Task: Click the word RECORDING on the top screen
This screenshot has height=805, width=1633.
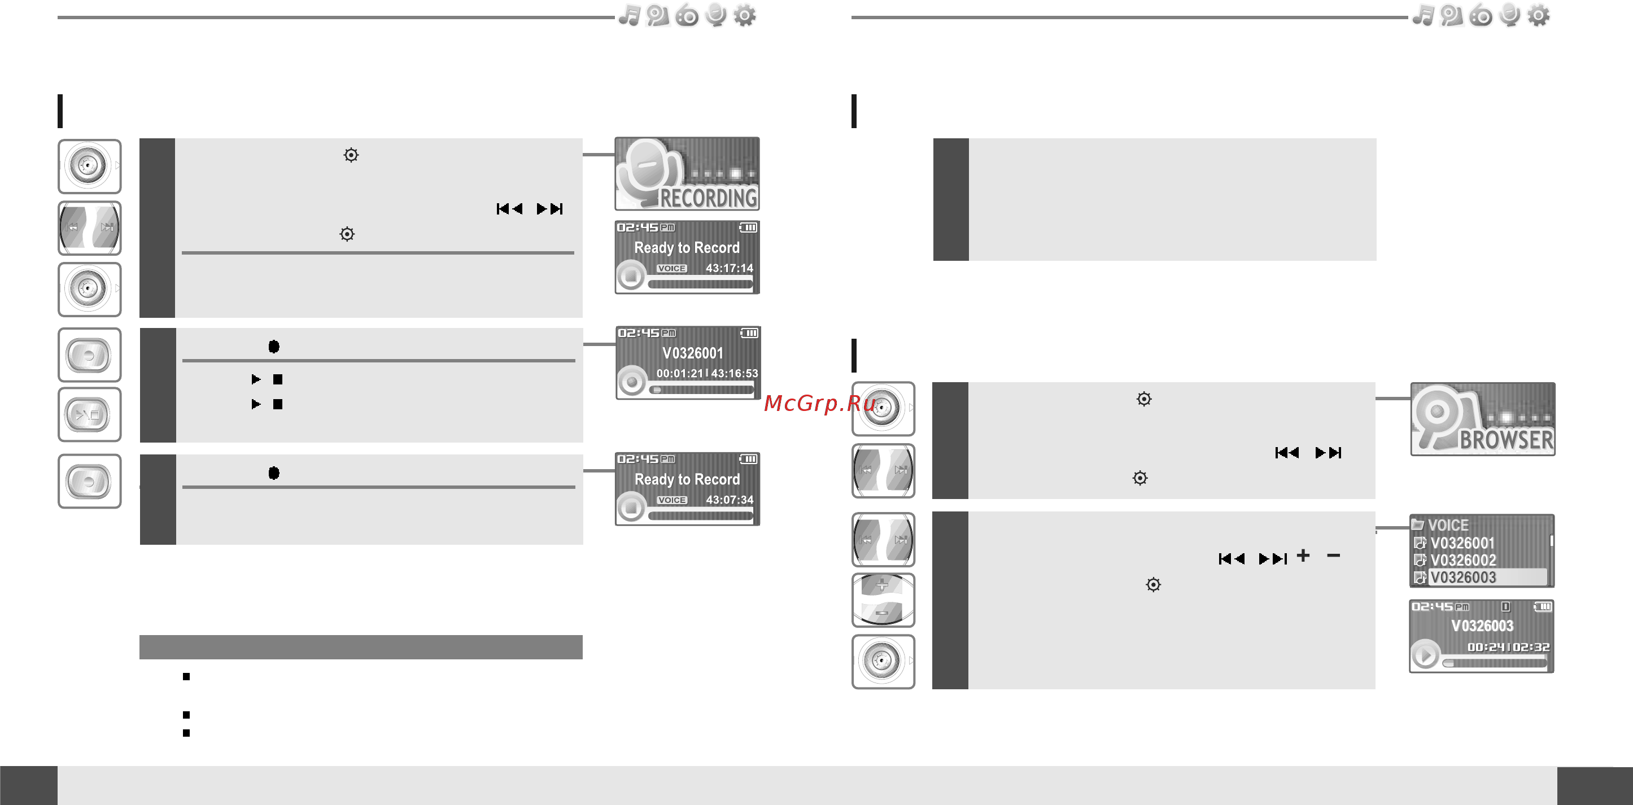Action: [x=709, y=198]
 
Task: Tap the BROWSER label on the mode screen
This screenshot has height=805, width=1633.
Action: [x=1506, y=440]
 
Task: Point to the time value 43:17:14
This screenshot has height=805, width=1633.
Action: [x=729, y=268]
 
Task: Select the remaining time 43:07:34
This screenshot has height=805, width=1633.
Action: [x=730, y=500]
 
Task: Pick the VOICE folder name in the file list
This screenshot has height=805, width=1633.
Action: [x=1448, y=525]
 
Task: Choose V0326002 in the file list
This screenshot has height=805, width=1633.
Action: [x=1463, y=561]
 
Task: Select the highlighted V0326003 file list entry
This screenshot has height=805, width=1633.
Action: [x=1463, y=577]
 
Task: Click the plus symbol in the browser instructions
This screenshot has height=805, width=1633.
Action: [x=1303, y=556]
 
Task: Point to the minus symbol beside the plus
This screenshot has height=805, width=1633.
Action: [x=1334, y=556]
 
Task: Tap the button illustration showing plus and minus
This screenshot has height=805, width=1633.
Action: [x=883, y=600]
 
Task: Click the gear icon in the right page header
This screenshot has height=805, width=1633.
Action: [x=1539, y=15]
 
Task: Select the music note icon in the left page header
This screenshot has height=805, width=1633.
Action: [x=630, y=15]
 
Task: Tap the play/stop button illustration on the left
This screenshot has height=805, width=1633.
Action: [x=89, y=415]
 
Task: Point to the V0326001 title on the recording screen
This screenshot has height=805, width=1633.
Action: [x=692, y=353]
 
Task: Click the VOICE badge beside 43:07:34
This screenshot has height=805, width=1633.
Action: [x=672, y=500]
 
